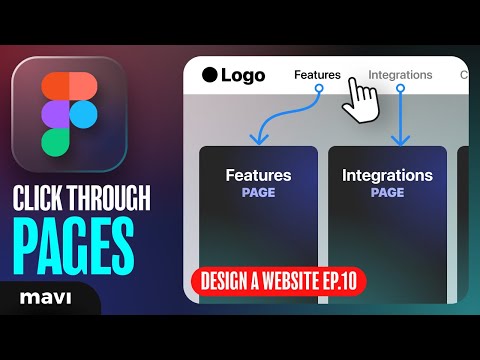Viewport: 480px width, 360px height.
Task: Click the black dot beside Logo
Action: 209,74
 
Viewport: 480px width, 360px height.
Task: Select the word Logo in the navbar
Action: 243,74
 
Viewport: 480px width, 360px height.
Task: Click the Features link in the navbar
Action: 317,74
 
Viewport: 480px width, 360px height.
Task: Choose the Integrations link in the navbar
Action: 400,74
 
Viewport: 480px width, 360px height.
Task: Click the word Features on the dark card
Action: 258,176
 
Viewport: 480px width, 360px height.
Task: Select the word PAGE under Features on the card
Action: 258,193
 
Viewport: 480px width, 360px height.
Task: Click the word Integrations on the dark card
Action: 387,176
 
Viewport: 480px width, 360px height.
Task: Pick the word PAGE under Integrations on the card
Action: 387,193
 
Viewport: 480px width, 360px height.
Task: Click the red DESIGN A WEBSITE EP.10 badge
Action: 276,281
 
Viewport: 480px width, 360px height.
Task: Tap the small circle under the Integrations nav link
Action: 400,88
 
